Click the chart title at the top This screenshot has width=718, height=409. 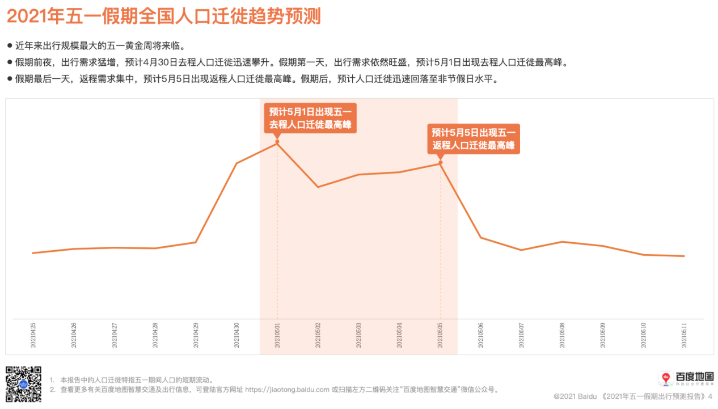[163, 16]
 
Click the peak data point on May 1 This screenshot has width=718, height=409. [277, 143]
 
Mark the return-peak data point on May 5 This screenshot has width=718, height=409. [441, 163]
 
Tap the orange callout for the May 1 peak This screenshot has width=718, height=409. [310, 118]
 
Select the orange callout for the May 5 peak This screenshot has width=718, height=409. [474, 139]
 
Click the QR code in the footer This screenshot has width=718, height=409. [23, 384]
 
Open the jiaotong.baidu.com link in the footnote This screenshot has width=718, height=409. [288, 390]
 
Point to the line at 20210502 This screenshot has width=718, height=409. [318, 187]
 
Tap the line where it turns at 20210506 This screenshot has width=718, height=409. [481, 237]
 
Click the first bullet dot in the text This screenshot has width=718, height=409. [10, 45]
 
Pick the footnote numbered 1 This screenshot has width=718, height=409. [136, 380]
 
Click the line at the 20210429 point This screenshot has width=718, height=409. [196, 242]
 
